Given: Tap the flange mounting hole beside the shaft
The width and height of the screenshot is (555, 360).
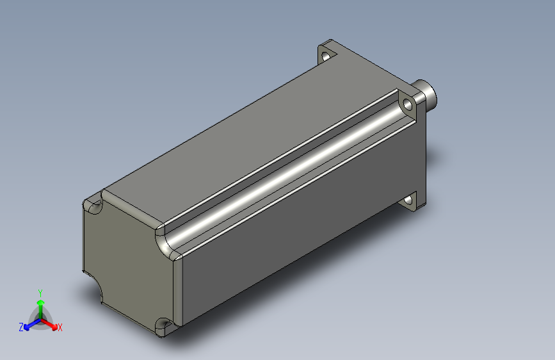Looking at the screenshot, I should point(407,104).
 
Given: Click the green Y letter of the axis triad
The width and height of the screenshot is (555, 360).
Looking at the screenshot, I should point(40,292).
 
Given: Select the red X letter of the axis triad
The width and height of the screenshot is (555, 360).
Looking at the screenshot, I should point(60,328).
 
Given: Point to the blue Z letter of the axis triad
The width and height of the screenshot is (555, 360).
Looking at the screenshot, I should point(21,327).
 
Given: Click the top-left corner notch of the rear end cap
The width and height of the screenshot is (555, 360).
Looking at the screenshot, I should point(94,206).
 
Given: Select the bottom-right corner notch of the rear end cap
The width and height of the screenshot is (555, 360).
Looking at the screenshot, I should point(164,325).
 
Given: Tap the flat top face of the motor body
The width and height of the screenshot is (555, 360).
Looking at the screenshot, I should point(243,141).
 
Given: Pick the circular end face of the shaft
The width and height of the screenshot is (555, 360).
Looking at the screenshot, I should point(434,95).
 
